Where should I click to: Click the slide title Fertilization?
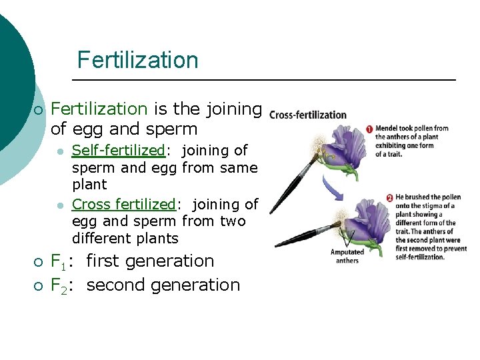pyautogui.click(x=137, y=60)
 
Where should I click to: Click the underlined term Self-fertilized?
pyautogui.click(x=117, y=151)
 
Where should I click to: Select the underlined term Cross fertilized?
pyautogui.click(x=123, y=205)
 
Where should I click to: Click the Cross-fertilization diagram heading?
pyautogui.click(x=308, y=115)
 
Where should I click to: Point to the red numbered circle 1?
pyautogui.click(x=369, y=129)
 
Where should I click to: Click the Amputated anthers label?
pyautogui.click(x=347, y=256)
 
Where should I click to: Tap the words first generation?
pyautogui.click(x=150, y=261)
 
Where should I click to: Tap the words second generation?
pyautogui.click(x=163, y=285)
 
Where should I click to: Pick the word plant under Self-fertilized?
pyautogui.click(x=89, y=184)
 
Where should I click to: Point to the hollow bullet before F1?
pyautogui.click(x=39, y=262)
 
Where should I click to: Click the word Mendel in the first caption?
pyautogui.click(x=388, y=129)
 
